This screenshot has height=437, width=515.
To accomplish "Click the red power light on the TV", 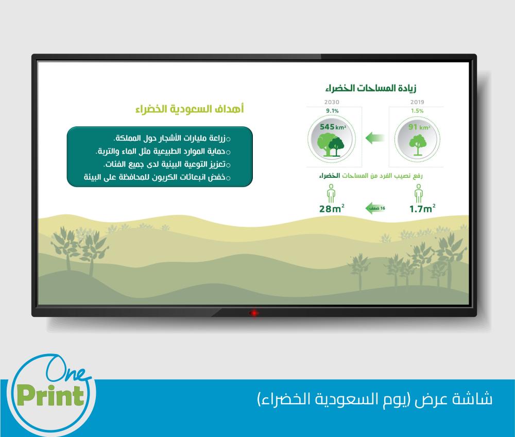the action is pos(253,313).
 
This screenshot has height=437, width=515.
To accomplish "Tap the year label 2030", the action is pos(332,102).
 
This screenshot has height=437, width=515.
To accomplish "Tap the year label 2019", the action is pos(417,102).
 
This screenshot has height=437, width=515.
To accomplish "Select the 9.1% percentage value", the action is pos(332,111).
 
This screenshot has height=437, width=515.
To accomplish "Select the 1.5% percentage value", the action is pos(417,111).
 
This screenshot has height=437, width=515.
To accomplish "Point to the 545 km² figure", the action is pos(333,127).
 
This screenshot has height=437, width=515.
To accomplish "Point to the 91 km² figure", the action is pos(419,127).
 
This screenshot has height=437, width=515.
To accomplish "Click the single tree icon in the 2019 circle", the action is pos(418,145).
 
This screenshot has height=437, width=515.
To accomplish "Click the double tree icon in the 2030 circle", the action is pos(331,145).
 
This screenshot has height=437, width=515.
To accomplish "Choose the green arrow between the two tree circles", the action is pos(375,138).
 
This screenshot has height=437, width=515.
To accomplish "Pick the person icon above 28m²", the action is pos(331,193).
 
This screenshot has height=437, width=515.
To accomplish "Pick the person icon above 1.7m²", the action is pos(418,193).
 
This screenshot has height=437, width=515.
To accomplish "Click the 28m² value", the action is pos(332,209).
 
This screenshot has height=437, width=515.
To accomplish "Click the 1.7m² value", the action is pos(422,209).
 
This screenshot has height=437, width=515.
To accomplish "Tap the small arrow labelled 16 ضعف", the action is pos(375,208).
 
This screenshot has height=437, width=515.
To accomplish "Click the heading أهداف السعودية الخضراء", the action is pos(190,109).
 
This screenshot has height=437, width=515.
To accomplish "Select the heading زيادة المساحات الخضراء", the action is pos(371,88).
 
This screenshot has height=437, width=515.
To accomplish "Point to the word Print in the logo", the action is pos(50,395).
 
